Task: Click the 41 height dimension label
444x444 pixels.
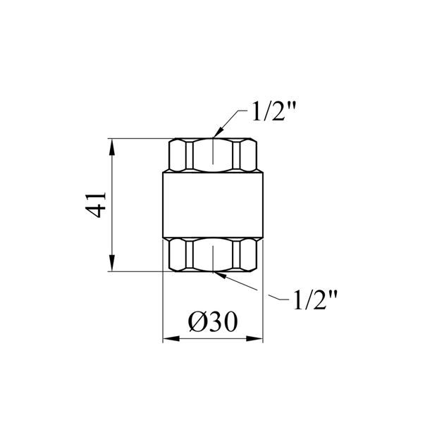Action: tap(95, 205)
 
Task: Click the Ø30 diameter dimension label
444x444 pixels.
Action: tap(213, 322)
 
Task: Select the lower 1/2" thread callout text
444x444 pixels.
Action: tap(315, 300)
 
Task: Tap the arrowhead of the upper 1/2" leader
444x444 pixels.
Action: tap(218, 132)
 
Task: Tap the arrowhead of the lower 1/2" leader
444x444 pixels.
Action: tap(221, 275)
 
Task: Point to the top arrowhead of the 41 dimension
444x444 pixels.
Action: tap(112, 147)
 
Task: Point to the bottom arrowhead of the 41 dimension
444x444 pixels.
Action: tap(112, 263)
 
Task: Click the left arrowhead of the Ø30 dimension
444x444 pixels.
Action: tap(171, 338)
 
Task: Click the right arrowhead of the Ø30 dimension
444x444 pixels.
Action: tap(254, 338)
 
